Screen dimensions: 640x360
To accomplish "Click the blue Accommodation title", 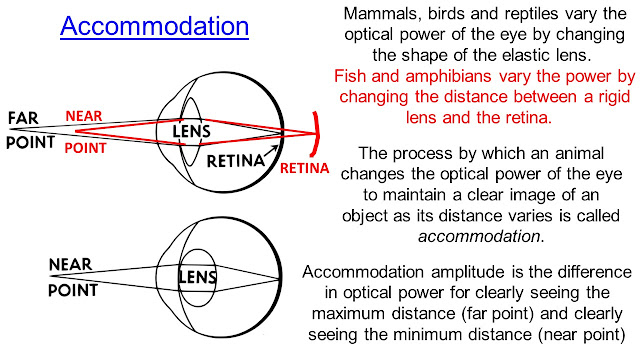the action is (154, 26).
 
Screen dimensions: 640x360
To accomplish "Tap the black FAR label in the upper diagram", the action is (23, 118).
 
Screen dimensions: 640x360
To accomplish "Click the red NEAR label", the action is (84, 116).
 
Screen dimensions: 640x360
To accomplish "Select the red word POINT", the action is (85, 148).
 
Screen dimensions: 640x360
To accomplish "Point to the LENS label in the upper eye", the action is (191, 131).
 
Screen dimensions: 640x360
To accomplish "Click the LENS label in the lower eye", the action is (198, 278).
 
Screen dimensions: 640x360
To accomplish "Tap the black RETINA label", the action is (236, 161).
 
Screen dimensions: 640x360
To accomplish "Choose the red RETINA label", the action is (304, 168).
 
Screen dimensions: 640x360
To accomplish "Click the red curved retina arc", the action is (317, 134).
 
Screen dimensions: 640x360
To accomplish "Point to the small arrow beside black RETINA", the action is (271, 151).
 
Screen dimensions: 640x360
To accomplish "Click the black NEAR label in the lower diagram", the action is (70, 264).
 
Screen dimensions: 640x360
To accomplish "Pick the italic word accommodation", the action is (479, 236).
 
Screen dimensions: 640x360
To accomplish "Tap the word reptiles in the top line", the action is (531, 15).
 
